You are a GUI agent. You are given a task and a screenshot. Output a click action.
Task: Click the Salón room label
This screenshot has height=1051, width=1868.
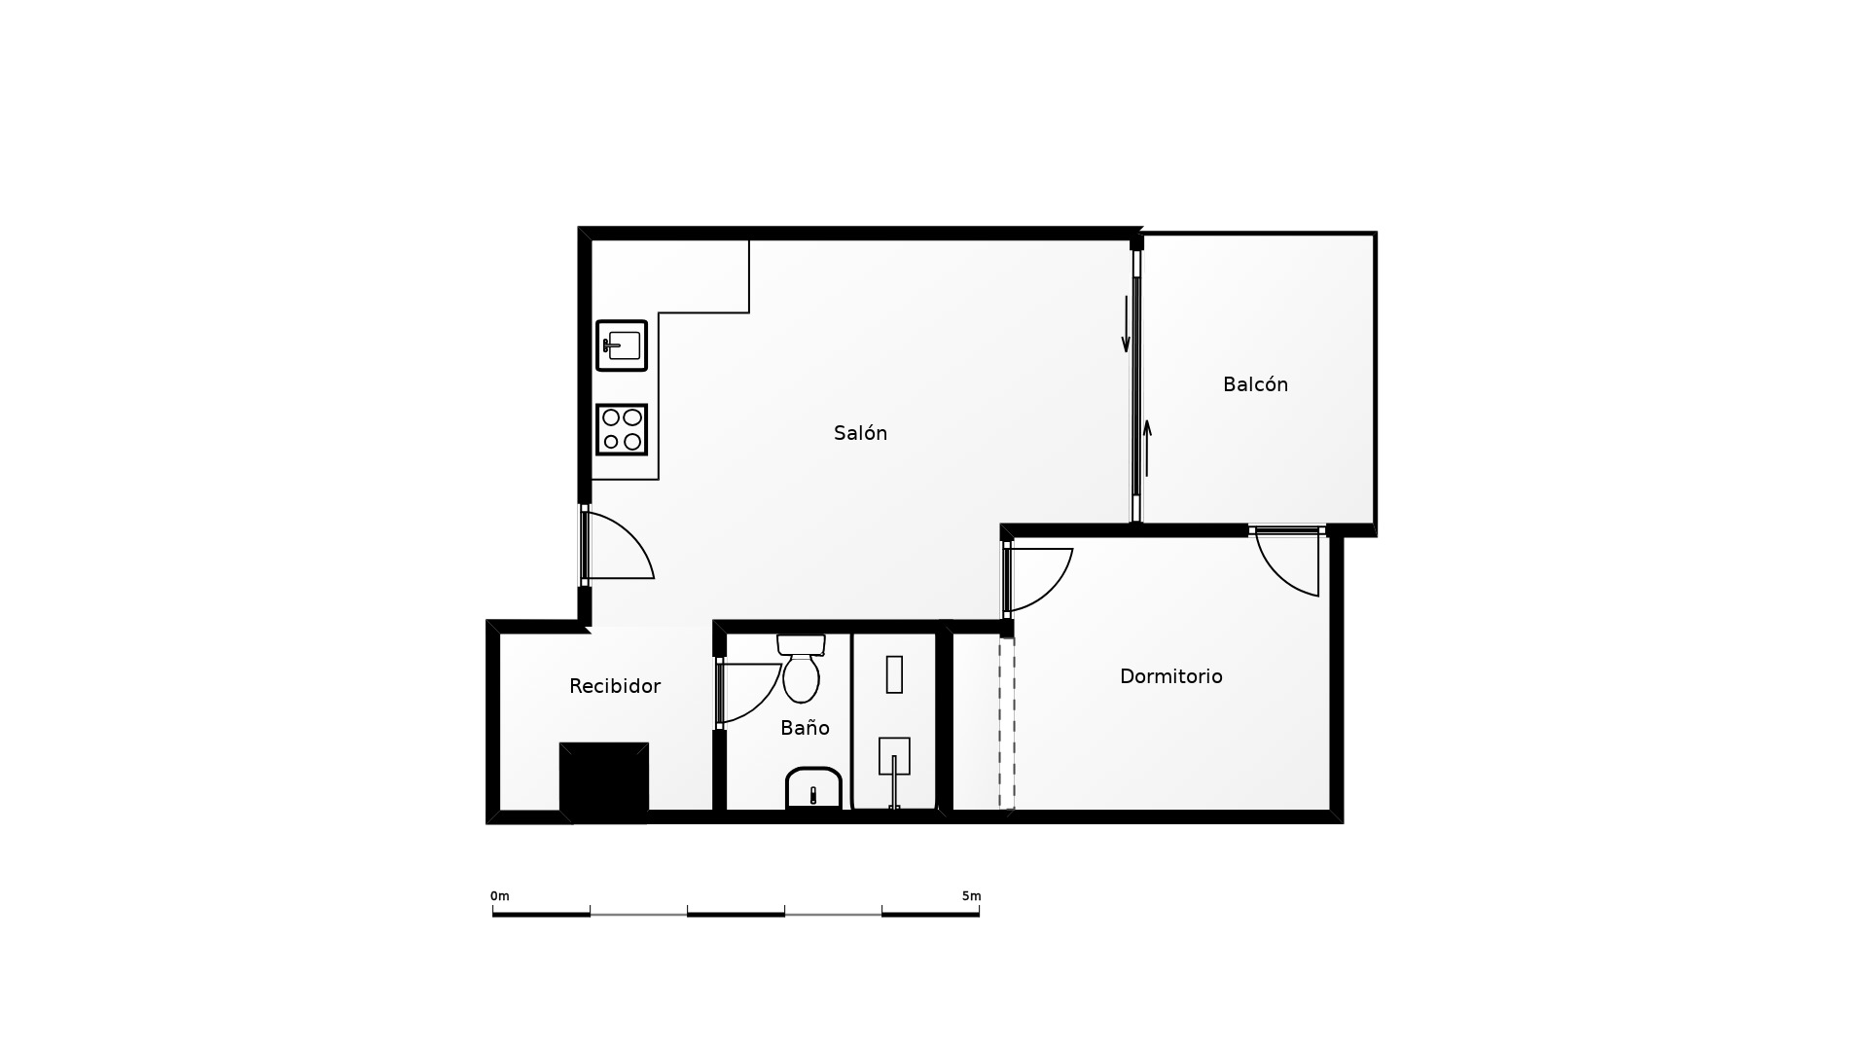click(x=860, y=433)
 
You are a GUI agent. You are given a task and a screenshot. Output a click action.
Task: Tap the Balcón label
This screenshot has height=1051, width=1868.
click(x=1255, y=384)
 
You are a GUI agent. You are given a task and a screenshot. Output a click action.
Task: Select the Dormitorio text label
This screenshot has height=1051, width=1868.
click(x=1170, y=676)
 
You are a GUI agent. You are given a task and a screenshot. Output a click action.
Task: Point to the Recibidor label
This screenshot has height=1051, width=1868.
click(x=615, y=686)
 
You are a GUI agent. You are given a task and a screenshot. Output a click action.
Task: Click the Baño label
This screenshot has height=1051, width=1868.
click(x=805, y=728)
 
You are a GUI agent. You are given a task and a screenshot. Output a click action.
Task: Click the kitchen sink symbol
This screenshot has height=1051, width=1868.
click(x=622, y=345)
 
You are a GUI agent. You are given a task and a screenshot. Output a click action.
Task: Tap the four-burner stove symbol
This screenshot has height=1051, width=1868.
click(x=622, y=429)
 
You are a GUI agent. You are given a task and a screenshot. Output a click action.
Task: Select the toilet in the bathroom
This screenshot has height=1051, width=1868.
click(x=801, y=669)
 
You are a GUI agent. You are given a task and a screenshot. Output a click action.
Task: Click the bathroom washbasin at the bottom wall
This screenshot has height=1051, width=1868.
click(x=813, y=788)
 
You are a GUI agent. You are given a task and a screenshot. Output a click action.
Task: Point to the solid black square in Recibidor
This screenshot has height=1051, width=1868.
click(x=604, y=782)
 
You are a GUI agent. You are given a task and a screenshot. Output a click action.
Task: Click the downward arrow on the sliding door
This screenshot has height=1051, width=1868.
click(x=1126, y=323)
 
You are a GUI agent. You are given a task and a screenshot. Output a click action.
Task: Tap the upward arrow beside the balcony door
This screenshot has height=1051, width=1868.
click(x=1147, y=449)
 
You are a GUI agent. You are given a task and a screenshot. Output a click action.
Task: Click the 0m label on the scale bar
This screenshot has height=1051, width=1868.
click(x=499, y=896)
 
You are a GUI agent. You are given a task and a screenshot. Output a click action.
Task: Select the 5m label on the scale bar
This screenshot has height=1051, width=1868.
click(x=971, y=896)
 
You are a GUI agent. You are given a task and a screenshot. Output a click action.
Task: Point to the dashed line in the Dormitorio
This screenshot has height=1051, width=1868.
click(x=1007, y=722)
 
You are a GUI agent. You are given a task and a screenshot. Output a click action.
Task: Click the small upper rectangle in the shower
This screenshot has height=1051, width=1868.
click(x=894, y=674)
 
